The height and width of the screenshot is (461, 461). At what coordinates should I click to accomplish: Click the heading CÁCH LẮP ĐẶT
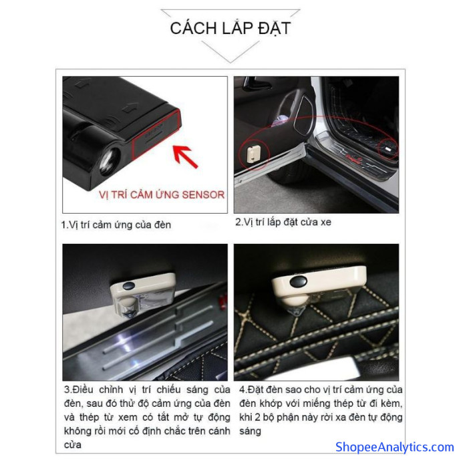tap(230, 29)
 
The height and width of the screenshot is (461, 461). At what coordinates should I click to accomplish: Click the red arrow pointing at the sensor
tap(184, 156)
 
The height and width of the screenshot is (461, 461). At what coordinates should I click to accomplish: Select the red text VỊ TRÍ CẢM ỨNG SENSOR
tap(162, 195)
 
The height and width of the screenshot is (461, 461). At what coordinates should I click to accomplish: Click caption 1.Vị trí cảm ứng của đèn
tap(116, 225)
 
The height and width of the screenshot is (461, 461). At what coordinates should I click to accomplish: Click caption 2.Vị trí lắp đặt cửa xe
tap(283, 222)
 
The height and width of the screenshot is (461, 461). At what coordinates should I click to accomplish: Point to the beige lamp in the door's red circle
tap(254, 154)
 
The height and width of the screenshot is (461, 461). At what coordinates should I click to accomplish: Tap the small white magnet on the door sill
tap(388, 150)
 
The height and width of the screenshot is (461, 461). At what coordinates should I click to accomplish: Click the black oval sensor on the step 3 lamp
tap(129, 285)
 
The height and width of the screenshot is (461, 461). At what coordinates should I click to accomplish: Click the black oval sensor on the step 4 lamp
tap(299, 281)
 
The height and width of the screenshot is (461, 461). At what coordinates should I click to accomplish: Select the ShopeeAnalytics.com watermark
tap(395, 447)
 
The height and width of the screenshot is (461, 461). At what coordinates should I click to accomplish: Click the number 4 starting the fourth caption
tap(243, 390)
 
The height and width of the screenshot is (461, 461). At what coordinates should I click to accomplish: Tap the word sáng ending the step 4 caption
tap(250, 432)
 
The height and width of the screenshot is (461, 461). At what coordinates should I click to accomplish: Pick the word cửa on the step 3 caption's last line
tap(72, 445)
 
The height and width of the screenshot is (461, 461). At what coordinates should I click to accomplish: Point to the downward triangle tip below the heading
tap(230, 62)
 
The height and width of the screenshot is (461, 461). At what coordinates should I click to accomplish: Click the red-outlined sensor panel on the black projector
tap(156, 135)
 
